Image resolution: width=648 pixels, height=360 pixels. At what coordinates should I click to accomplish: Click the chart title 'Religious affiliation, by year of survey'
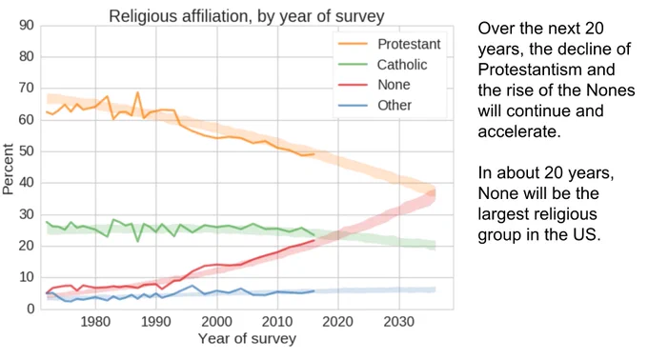point(247,16)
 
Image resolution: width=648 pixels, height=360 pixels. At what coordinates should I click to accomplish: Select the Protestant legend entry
point(390,44)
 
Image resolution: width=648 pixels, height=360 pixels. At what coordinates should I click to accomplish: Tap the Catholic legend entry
point(383,65)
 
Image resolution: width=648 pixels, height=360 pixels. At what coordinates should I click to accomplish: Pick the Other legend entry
point(375,106)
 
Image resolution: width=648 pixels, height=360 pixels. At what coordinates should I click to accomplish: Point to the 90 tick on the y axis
point(26,26)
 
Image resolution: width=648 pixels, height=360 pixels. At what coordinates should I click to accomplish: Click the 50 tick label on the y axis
point(26,151)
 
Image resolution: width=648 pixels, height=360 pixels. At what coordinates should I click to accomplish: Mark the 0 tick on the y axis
point(30,309)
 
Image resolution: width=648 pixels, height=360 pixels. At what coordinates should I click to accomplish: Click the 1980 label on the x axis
point(95,322)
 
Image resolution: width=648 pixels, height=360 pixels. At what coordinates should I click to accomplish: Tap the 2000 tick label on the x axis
point(216,322)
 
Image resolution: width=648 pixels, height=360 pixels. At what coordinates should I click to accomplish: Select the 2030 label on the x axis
point(398,322)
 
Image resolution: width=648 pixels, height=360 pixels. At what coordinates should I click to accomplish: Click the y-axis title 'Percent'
point(8,169)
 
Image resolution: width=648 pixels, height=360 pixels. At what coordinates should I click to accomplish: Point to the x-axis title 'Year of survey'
point(247,338)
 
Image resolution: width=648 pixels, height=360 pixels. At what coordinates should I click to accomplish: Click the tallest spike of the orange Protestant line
point(137,92)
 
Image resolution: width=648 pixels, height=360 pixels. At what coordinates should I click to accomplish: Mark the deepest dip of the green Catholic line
point(137,241)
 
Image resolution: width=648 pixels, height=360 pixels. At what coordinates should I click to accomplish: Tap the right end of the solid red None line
point(314,240)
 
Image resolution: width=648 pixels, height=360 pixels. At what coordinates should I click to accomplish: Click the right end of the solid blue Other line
point(314,291)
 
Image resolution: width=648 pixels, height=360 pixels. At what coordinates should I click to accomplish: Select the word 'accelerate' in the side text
point(518,131)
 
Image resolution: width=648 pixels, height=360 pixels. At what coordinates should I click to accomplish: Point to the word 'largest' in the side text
point(537,214)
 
